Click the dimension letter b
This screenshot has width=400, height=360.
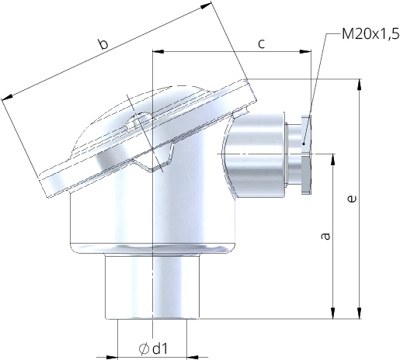click(103, 45)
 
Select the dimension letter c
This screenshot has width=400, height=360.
click(262, 43)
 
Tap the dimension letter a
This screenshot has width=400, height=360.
click(326, 234)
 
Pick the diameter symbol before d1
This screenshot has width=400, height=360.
click(144, 348)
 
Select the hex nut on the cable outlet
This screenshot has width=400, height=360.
click(305, 155)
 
